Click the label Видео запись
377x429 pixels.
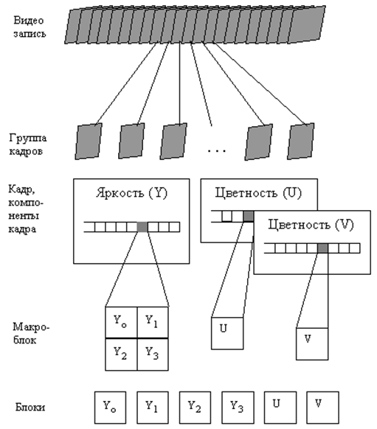[30, 27]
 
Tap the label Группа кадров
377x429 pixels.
[27, 144]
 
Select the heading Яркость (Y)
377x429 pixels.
[131, 193]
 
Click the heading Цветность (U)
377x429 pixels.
[258, 193]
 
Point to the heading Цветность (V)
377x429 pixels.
[311, 225]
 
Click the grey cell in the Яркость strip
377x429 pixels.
[142, 227]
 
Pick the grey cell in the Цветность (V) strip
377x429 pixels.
[323, 248]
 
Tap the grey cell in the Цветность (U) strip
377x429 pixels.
[249, 217]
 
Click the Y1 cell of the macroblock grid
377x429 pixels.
[153, 323]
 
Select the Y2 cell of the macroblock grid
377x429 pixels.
[121, 355]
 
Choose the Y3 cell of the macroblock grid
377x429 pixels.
[153, 355]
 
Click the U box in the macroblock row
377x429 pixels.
[227, 333]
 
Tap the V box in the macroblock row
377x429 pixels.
[312, 343]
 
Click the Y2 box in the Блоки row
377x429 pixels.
[195, 408]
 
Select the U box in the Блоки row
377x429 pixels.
[280, 408]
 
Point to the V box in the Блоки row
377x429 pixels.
[322, 408]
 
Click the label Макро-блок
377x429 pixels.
[31, 333]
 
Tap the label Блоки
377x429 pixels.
[30, 407]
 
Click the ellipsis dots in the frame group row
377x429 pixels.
[217, 151]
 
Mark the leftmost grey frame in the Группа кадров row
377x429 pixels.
[89, 142]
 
